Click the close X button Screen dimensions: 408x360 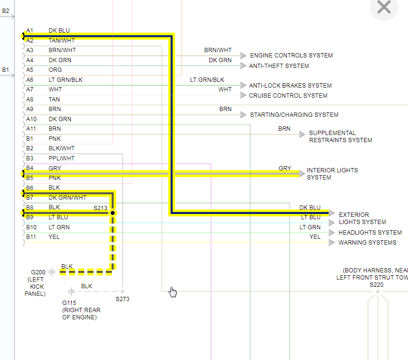(384, 7)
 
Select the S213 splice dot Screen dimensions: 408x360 (113, 213)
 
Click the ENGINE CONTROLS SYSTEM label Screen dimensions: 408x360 (291, 56)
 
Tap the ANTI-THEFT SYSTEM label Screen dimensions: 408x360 (279, 66)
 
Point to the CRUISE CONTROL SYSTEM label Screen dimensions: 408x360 (287, 96)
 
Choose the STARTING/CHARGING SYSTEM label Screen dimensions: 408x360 (294, 115)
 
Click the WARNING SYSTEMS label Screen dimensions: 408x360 (367, 243)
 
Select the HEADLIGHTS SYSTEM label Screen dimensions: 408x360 (370, 233)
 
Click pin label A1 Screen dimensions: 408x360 (30, 31)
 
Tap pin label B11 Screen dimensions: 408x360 (31, 237)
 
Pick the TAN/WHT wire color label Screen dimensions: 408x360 (62, 41)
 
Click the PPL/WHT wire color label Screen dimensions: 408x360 (61, 158)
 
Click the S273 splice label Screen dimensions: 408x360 (123, 299)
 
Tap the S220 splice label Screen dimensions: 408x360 (377, 284)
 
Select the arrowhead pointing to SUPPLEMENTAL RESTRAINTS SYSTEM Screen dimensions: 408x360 (302, 135)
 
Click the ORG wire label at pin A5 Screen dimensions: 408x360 (55, 70)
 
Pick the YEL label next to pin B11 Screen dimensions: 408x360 (54, 237)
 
